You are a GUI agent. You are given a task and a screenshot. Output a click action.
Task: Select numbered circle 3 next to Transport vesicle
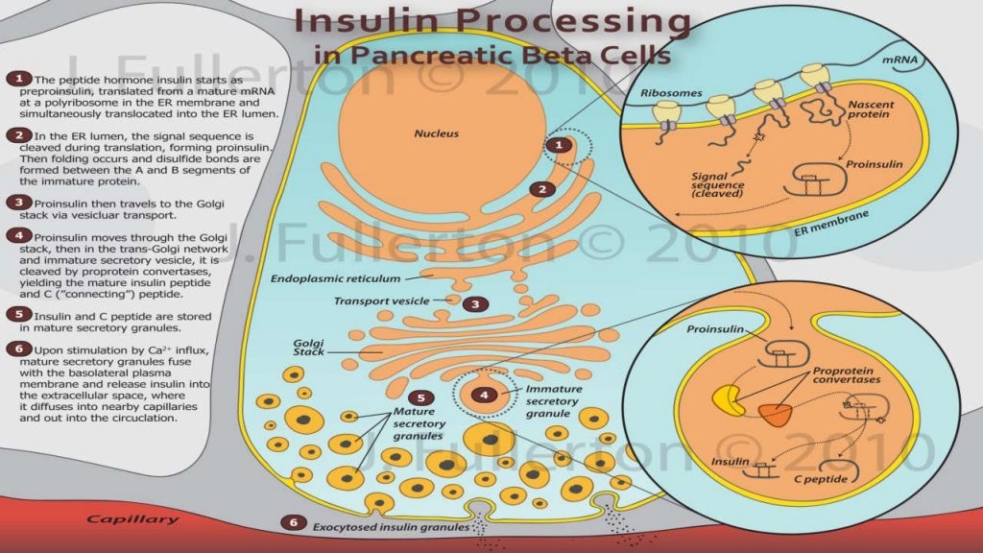(x=474, y=304)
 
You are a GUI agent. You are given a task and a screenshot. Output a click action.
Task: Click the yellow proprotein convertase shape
(x=729, y=400)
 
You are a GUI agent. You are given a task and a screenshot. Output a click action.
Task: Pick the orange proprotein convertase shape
(x=775, y=414)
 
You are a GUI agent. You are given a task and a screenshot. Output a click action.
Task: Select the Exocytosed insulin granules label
(x=391, y=526)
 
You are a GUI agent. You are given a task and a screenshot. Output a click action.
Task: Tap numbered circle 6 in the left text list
(x=18, y=349)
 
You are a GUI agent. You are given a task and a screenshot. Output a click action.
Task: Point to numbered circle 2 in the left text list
(x=18, y=136)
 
